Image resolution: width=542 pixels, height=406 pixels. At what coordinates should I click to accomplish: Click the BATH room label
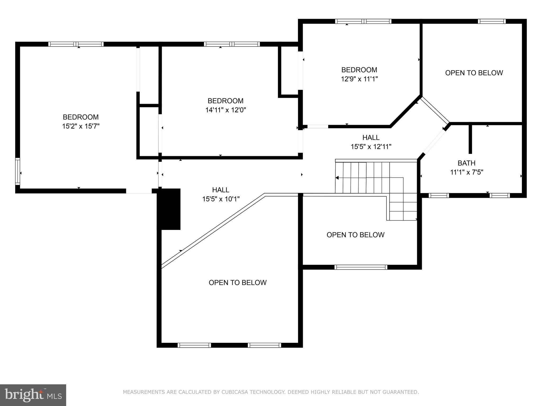point(466,163)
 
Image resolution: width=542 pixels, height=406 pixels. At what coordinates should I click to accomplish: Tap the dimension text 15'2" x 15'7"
point(81,126)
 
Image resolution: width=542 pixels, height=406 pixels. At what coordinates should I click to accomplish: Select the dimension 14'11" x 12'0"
point(225,110)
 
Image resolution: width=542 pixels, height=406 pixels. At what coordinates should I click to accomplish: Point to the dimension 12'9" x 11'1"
point(359,79)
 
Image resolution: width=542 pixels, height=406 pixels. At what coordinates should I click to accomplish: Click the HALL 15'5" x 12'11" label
point(371,142)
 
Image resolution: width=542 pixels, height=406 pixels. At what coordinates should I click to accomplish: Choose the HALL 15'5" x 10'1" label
point(221,194)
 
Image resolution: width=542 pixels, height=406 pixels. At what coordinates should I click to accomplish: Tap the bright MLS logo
point(33,395)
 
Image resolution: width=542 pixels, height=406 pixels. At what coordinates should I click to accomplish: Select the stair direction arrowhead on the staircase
point(337,178)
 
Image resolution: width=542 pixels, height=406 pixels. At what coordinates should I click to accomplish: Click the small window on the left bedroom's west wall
point(17,171)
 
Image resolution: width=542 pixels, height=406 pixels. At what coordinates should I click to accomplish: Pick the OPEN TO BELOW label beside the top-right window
point(474,73)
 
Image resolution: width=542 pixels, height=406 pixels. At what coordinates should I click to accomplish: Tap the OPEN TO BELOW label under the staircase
point(355,235)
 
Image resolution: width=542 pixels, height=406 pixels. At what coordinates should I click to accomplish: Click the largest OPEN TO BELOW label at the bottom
point(237,283)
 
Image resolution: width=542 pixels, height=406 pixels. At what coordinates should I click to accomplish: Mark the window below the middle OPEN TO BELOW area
point(360,267)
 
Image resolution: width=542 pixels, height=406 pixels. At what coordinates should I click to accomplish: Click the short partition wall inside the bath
point(470,139)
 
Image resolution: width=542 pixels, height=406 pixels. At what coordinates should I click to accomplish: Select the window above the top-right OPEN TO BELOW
point(491,21)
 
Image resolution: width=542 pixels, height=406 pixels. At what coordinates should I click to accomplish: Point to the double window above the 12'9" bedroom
point(363,21)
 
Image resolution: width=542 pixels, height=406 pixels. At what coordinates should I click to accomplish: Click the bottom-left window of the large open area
point(194,345)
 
